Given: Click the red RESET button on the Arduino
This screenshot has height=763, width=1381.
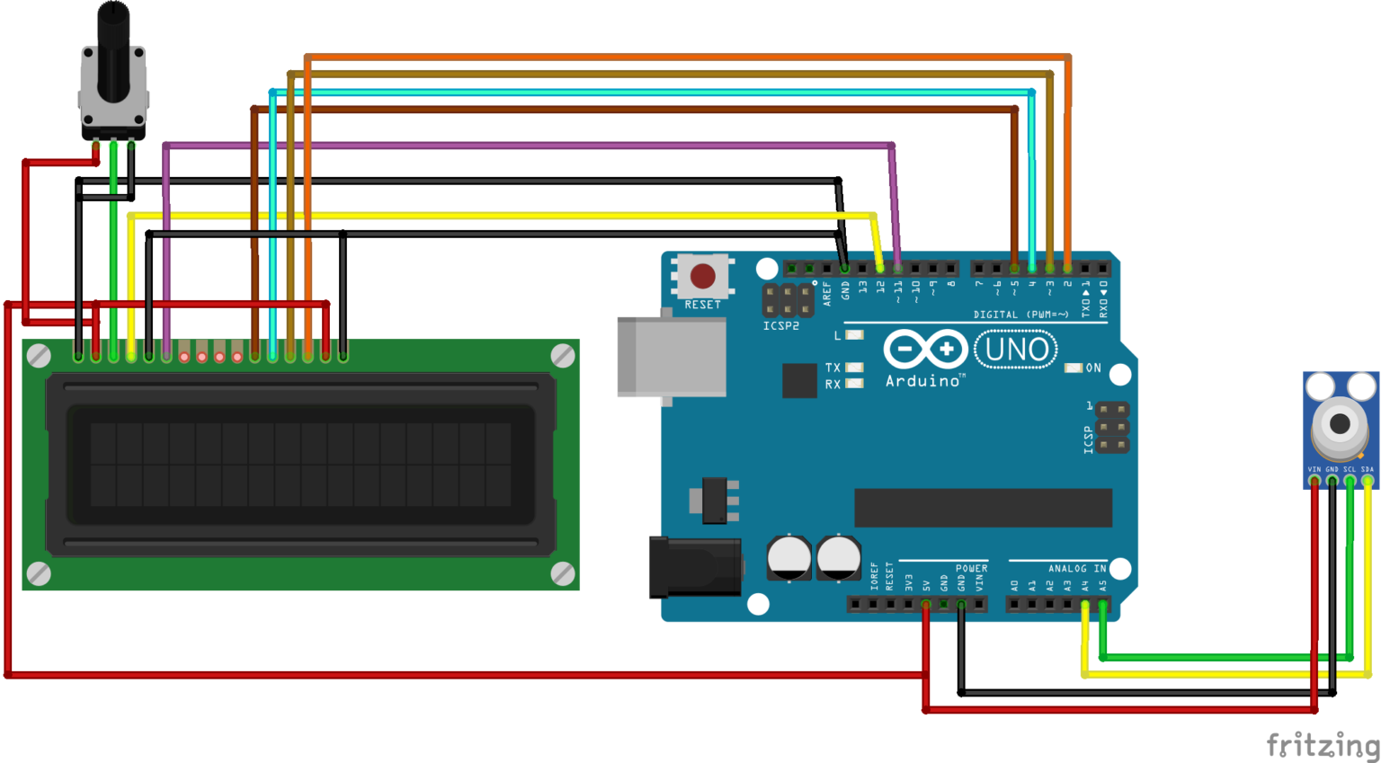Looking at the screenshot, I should click(x=702, y=276).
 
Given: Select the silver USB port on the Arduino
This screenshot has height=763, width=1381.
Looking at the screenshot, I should click(x=672, y=357).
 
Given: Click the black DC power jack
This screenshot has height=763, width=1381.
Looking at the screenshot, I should click(x=694, y=566).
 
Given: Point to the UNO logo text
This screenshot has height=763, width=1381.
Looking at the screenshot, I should click(x=1016, y=350).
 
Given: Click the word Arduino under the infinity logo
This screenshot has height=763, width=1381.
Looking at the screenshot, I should click(x=922, y=381).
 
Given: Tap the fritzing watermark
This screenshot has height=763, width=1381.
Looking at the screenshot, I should click(x=1322, y=744).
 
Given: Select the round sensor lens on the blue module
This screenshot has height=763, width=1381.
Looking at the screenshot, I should click(x=1340, y=424).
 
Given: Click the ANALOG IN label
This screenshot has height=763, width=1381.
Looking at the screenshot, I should click(x=1076, y=568).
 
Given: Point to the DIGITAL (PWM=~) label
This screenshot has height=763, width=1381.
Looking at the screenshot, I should click(x=1020, y=315).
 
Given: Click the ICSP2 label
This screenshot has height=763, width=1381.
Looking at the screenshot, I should click(x=780, y=325).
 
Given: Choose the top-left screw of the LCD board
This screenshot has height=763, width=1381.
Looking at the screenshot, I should click(x=39, y=356).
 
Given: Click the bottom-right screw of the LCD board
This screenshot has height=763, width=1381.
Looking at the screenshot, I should click(x=562, y=572).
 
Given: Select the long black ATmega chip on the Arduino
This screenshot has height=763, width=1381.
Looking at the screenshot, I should click(x=983, y=508).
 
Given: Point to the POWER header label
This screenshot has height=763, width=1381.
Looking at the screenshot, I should click(x=971, y=568).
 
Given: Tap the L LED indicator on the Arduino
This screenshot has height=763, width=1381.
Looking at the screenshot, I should click(x=854, y=335).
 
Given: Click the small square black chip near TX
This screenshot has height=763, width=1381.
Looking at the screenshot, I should click(x=799, y=380).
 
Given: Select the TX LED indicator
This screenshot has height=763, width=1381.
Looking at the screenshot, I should click(x=854, y=368).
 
